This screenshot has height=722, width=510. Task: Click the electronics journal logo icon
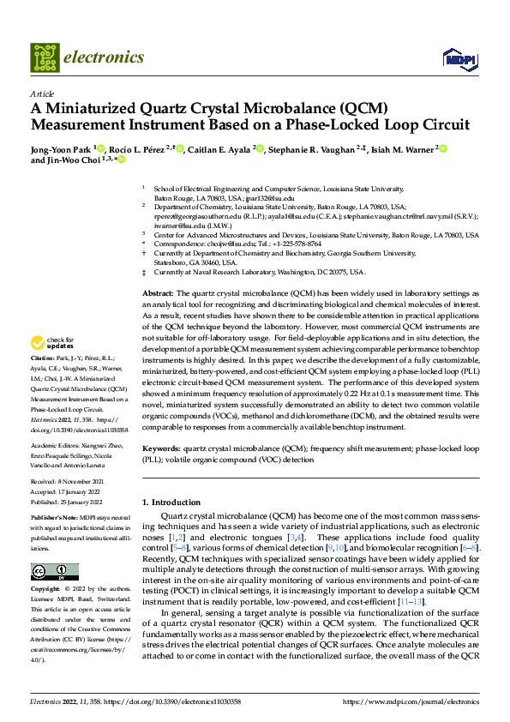[x=45, y=57]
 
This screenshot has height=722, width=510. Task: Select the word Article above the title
[x=41, y=93]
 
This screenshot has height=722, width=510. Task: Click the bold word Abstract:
[x=158, y=293]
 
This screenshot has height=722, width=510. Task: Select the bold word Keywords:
[x=161, y=448]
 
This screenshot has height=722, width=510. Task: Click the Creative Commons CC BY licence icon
[x=54, y=572]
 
